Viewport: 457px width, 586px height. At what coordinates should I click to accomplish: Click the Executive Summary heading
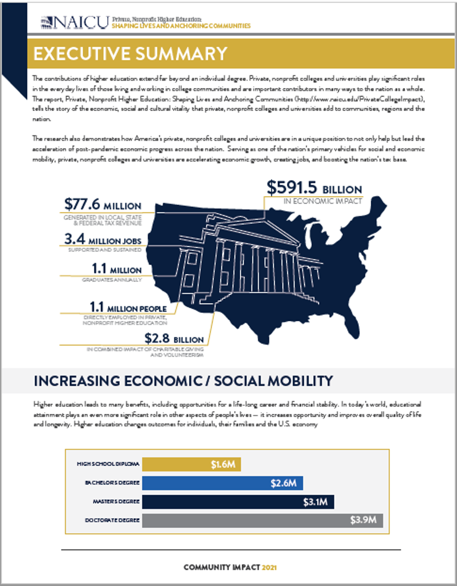point(130,53)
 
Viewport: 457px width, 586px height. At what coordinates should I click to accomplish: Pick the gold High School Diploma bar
point(191,464)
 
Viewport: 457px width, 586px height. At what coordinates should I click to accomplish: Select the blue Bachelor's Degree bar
point(222,483)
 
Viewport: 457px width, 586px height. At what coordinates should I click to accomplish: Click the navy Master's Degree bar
point(238,502)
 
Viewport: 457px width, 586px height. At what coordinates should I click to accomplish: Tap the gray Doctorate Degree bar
point(262,521)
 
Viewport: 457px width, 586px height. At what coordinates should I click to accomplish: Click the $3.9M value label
point(364,521)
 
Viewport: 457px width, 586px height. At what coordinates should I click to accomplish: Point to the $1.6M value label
point(223,464)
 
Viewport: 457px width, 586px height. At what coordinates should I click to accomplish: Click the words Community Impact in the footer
point(222,567)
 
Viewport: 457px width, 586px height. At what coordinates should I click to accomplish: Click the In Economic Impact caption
point(322,201)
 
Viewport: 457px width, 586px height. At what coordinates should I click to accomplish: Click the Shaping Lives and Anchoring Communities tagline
point(181,25)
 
